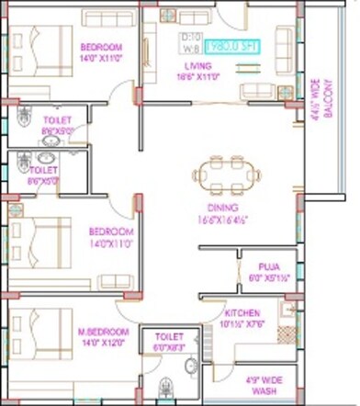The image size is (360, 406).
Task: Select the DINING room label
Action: click(210, 209)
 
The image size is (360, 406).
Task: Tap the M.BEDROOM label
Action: click(104, 332)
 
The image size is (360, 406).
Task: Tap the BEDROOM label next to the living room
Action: click(102, 47)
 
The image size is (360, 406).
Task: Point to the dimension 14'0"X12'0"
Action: click(104, 343)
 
